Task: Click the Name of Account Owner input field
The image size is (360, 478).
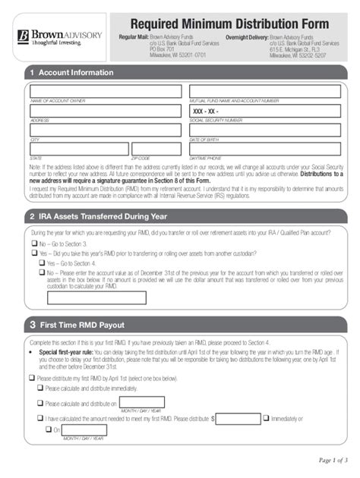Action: (106, 91)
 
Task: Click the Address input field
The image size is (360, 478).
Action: (106, 111)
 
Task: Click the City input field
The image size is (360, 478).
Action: (106, 131)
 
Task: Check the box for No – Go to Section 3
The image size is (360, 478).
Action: (33, 244)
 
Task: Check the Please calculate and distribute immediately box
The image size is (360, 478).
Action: (40, 388)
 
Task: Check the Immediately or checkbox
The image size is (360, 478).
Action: (266, 417)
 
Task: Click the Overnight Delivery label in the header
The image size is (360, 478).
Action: (246, 37)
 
